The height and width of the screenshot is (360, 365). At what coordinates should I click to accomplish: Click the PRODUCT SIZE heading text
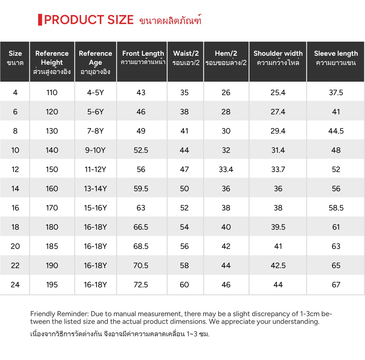[89, 20]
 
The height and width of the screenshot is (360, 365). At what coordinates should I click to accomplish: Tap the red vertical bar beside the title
[40, 20]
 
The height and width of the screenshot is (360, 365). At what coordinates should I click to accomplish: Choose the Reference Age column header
[95, 62]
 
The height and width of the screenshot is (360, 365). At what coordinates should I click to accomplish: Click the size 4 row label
[15, 93]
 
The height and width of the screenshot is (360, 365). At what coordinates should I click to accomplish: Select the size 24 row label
[15, 285]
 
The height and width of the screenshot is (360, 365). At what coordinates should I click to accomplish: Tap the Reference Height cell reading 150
[52, 169]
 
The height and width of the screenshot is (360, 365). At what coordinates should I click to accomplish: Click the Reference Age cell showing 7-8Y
[95, 131]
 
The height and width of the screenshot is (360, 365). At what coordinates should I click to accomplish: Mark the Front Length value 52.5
[141, 150]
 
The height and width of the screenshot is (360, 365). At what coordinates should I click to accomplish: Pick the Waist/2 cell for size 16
[184, 208]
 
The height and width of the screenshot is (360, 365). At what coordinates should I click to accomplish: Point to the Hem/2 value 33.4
[226, 169]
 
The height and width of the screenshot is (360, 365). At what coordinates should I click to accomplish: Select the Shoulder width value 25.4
[278, 93]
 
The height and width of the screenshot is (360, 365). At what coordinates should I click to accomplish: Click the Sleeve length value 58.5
[336, 208]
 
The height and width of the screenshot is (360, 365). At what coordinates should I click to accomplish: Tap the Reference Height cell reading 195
[52, 285]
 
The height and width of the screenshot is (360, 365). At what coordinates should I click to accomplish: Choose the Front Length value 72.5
[141, 285]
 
